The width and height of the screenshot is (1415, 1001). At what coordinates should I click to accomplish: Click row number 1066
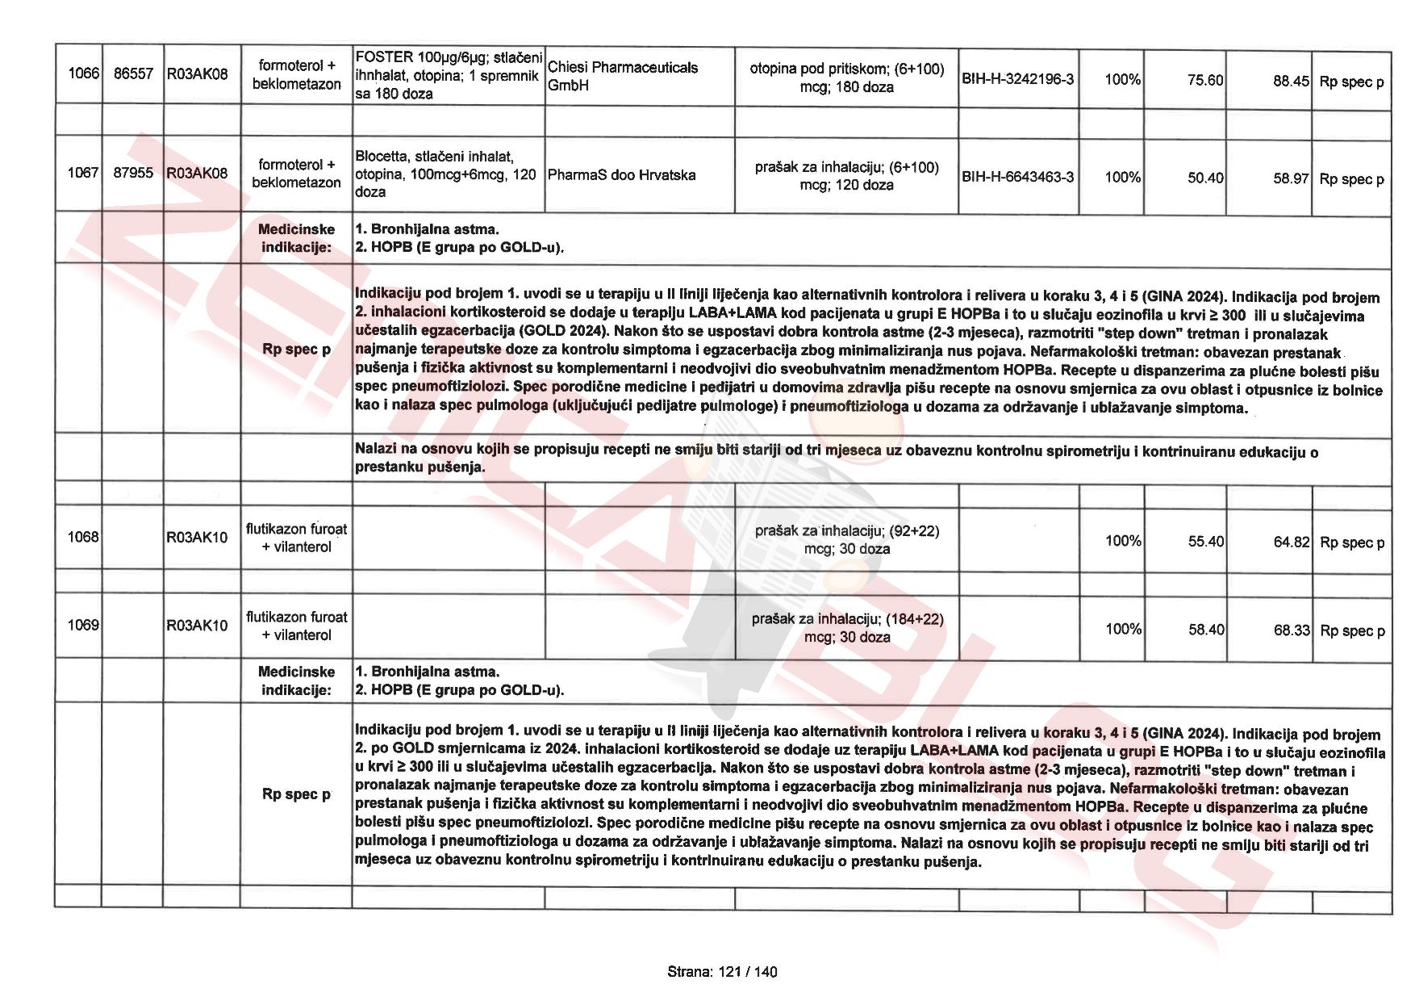coord(82,74)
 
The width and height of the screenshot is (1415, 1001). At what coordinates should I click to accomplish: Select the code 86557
coord(133,74)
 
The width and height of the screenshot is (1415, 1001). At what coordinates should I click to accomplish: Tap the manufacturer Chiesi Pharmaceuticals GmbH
coord(622,76)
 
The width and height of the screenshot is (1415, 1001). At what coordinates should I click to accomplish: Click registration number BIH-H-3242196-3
coord(1017,79)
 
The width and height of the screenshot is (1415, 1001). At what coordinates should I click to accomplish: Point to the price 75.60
coord(1205,80)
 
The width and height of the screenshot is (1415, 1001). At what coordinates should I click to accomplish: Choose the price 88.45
coord(1291,81)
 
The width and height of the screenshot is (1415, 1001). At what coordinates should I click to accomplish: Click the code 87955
coord(133,173)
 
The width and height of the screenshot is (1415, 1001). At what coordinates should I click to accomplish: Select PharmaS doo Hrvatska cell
coord(621,175)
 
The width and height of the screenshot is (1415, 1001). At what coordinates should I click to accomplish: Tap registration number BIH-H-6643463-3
coord(1017,177)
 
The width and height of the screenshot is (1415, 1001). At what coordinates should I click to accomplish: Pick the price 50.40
coord(1205,178)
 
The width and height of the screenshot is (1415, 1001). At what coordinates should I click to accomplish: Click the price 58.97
coord(1291,178)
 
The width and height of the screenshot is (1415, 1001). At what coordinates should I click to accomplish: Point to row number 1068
coord(82,537)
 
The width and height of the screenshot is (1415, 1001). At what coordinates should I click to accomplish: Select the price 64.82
coord(1292,542)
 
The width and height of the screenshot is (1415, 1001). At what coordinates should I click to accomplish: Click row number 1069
coord(82,625)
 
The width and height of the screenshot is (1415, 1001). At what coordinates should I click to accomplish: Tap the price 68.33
coord(1292,630)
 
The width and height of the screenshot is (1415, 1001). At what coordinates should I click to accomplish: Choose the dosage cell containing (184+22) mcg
coord(847,628)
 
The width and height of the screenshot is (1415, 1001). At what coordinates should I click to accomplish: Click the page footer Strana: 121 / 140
coord(722,972)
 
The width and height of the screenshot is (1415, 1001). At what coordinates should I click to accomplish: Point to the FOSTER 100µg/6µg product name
coord(448,75)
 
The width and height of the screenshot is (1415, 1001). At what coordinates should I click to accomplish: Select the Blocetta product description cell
coord(446,174)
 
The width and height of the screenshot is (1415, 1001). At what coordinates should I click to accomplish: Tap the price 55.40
coord(1206,541)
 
